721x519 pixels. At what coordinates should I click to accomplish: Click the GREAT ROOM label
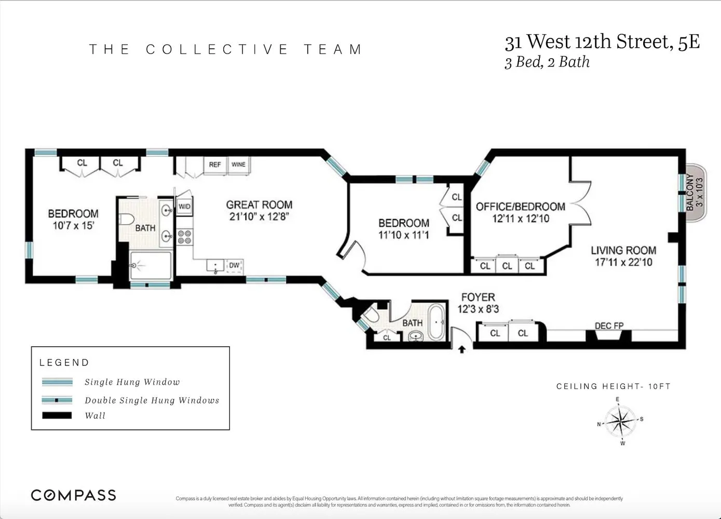click(259, 205)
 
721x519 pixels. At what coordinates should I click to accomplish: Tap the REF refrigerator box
click(215, 165)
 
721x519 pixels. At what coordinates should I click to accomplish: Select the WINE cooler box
click(238, 165)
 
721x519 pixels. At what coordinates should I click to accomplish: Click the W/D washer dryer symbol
click(184, 207)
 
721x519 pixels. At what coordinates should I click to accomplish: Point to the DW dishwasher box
click(234, 265)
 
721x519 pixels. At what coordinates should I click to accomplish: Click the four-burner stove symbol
click(184, 237)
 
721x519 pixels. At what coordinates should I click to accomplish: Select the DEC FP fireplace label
click(609, 326)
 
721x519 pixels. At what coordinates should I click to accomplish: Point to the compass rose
click(621, 421)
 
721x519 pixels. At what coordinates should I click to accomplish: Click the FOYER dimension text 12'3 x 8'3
click(478, 309)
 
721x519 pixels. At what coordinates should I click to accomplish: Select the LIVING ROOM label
click(623, 250)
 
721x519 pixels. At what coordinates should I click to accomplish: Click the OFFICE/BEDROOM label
click(520, 207)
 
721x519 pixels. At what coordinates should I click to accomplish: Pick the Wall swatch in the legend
click(57, 416)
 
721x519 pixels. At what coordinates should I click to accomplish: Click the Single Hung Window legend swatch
click(57, 383)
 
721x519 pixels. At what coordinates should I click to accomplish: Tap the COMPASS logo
click(73, 495)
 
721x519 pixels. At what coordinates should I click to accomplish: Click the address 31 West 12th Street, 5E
click(602, 42)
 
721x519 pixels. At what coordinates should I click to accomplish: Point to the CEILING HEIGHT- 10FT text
click(613, 386)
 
